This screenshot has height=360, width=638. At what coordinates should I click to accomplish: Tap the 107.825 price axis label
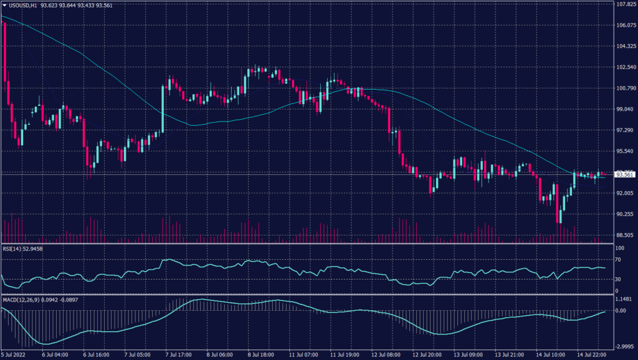[625, 4]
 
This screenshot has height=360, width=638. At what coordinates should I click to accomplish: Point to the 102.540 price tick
[625, 67]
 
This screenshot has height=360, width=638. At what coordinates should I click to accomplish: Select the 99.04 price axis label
[625, 110]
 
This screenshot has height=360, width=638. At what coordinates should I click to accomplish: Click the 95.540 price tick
[625, 151]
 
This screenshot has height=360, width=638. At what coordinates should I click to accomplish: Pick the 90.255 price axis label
[625, 214]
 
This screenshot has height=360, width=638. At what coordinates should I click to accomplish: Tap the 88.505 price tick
[625, 235]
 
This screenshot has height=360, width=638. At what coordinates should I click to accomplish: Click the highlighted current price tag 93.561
[625, 174]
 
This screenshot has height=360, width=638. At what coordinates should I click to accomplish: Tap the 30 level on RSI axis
[619, 279]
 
